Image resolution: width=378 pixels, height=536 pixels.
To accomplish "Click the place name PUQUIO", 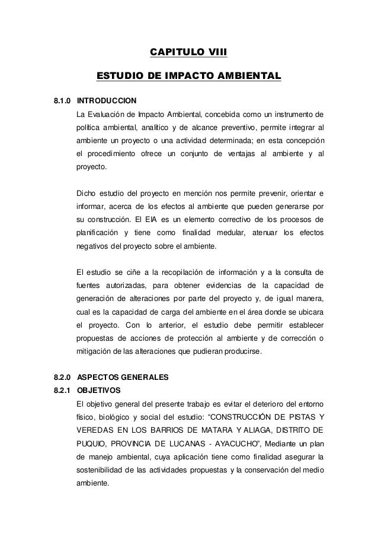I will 92,443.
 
